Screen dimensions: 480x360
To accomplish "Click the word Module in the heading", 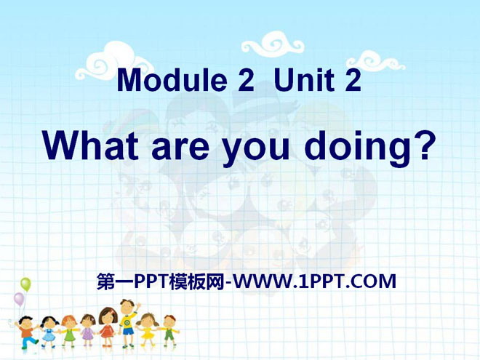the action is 172,80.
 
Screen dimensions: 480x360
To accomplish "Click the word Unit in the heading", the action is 304,80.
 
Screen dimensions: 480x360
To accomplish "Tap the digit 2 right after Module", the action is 246,80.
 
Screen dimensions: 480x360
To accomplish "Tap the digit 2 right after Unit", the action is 353,80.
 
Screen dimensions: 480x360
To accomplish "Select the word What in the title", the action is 91,145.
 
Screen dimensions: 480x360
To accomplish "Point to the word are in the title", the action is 180,149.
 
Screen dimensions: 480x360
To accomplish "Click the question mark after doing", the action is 423,145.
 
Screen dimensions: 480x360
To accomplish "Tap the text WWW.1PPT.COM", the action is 314,282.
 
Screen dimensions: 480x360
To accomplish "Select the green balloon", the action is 25,284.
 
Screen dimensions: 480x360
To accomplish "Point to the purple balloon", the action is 19,299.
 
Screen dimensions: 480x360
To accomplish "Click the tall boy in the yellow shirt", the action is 128,323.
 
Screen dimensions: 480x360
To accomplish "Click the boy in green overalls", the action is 169,332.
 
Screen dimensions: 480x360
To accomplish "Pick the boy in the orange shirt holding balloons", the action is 27,333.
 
